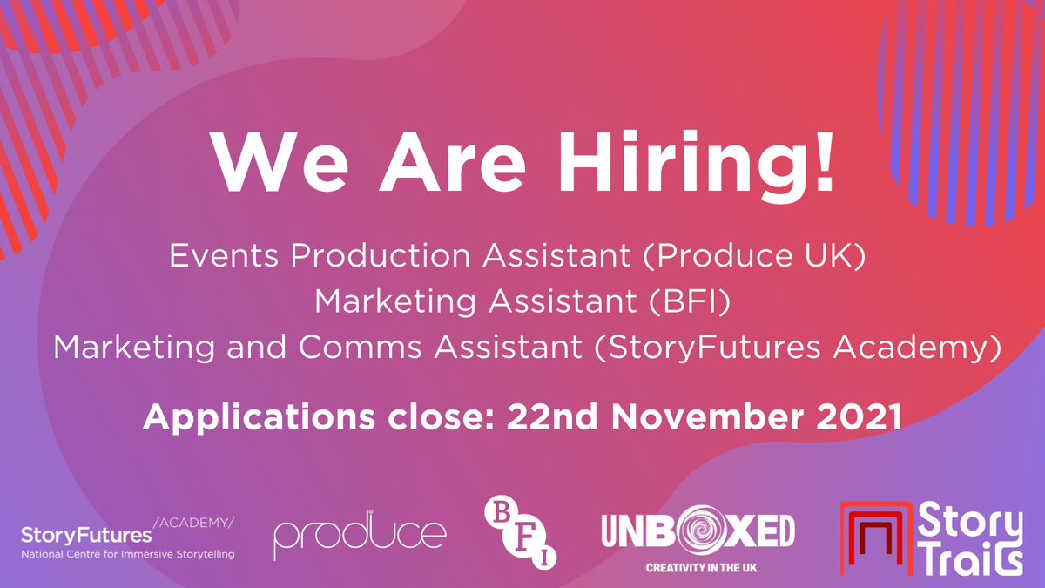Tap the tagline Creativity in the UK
click(698, 567)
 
